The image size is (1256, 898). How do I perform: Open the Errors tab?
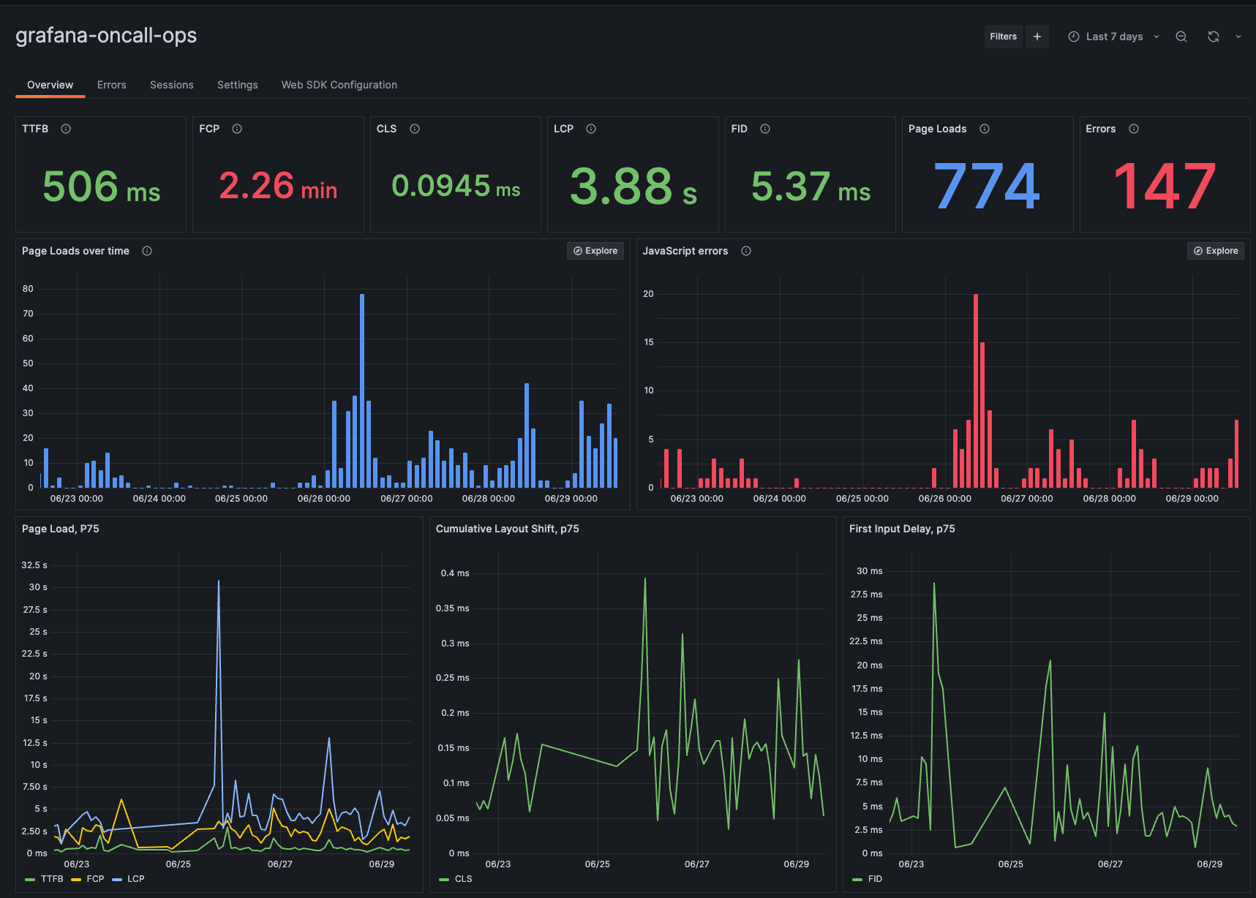click(111, 85)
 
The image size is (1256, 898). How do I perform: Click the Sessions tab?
click(171, 85)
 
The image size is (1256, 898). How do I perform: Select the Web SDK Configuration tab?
click(339, 85)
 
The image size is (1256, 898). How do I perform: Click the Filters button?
click(1003, 37)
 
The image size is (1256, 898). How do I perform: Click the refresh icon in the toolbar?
click(1213, 37)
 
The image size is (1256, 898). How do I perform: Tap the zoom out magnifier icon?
click(1181, 37)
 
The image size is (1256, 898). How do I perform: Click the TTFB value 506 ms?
click(101, 186)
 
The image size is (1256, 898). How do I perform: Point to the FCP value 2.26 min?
click(278, 186)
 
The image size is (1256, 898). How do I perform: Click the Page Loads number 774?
click(986, 186)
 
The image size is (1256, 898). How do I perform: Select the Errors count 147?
click(1164, 186)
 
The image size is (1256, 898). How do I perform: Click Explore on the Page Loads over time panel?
click(595, 251)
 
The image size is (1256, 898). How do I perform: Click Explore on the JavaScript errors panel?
click(1216, 251)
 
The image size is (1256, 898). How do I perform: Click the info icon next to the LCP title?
click(591, 129)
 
